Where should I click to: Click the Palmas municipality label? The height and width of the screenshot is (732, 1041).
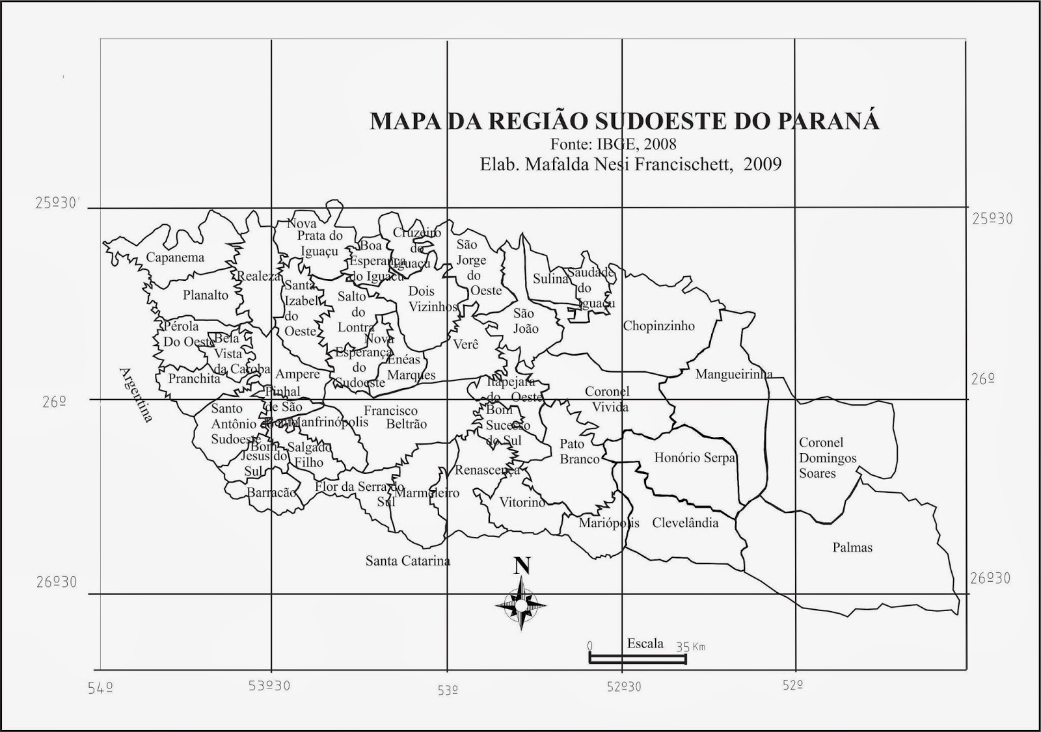click(x=852, y=547)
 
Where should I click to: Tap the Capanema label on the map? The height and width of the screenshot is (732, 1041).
click(x=175, y=257)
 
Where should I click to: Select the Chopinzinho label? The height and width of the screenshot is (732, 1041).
click(x=658, y=326)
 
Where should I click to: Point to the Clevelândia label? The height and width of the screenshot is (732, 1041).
click(x=685, y=523)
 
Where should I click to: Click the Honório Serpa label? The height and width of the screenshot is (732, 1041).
click(x=694, y=458)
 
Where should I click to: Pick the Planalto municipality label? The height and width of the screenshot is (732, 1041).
click(x=206, y=295)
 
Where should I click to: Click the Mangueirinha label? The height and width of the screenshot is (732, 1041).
click(x=734, y=374)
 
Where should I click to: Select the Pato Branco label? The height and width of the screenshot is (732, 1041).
click(x=579, y=451)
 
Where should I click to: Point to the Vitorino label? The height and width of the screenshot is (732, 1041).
click(x=522, y=502)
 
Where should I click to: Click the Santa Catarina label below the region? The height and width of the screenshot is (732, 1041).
click(x=407, y=560)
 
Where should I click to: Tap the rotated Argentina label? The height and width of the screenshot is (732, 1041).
click(x=135, y=395)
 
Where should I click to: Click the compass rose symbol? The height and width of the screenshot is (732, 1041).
click(x=521, y=605)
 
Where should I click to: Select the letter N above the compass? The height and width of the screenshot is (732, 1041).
click(x=522, y=566)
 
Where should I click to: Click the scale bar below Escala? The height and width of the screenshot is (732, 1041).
click(x=638, y=659)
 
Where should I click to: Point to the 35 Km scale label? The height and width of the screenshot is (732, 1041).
click(x=691, y=647)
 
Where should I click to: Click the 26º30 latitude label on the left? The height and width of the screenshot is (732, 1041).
click(x=57, y=581)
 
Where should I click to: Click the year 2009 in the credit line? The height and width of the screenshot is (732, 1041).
click(x=763, y=164)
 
